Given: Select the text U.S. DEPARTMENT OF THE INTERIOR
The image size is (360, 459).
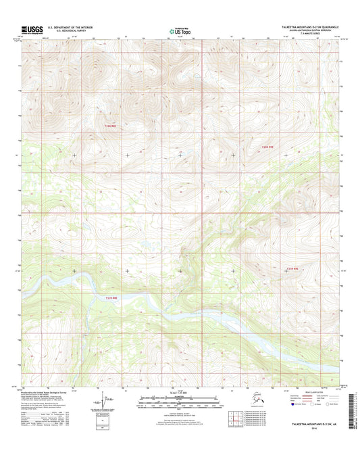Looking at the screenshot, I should tap(74, 27).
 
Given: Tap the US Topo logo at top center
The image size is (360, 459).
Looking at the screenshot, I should tap(180, 30).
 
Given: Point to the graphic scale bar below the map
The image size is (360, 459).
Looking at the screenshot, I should tap(179, 400).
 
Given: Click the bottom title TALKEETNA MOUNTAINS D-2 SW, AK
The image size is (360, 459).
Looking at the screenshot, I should tap(306, 423).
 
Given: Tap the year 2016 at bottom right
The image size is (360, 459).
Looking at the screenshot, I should tap(306, 428).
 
